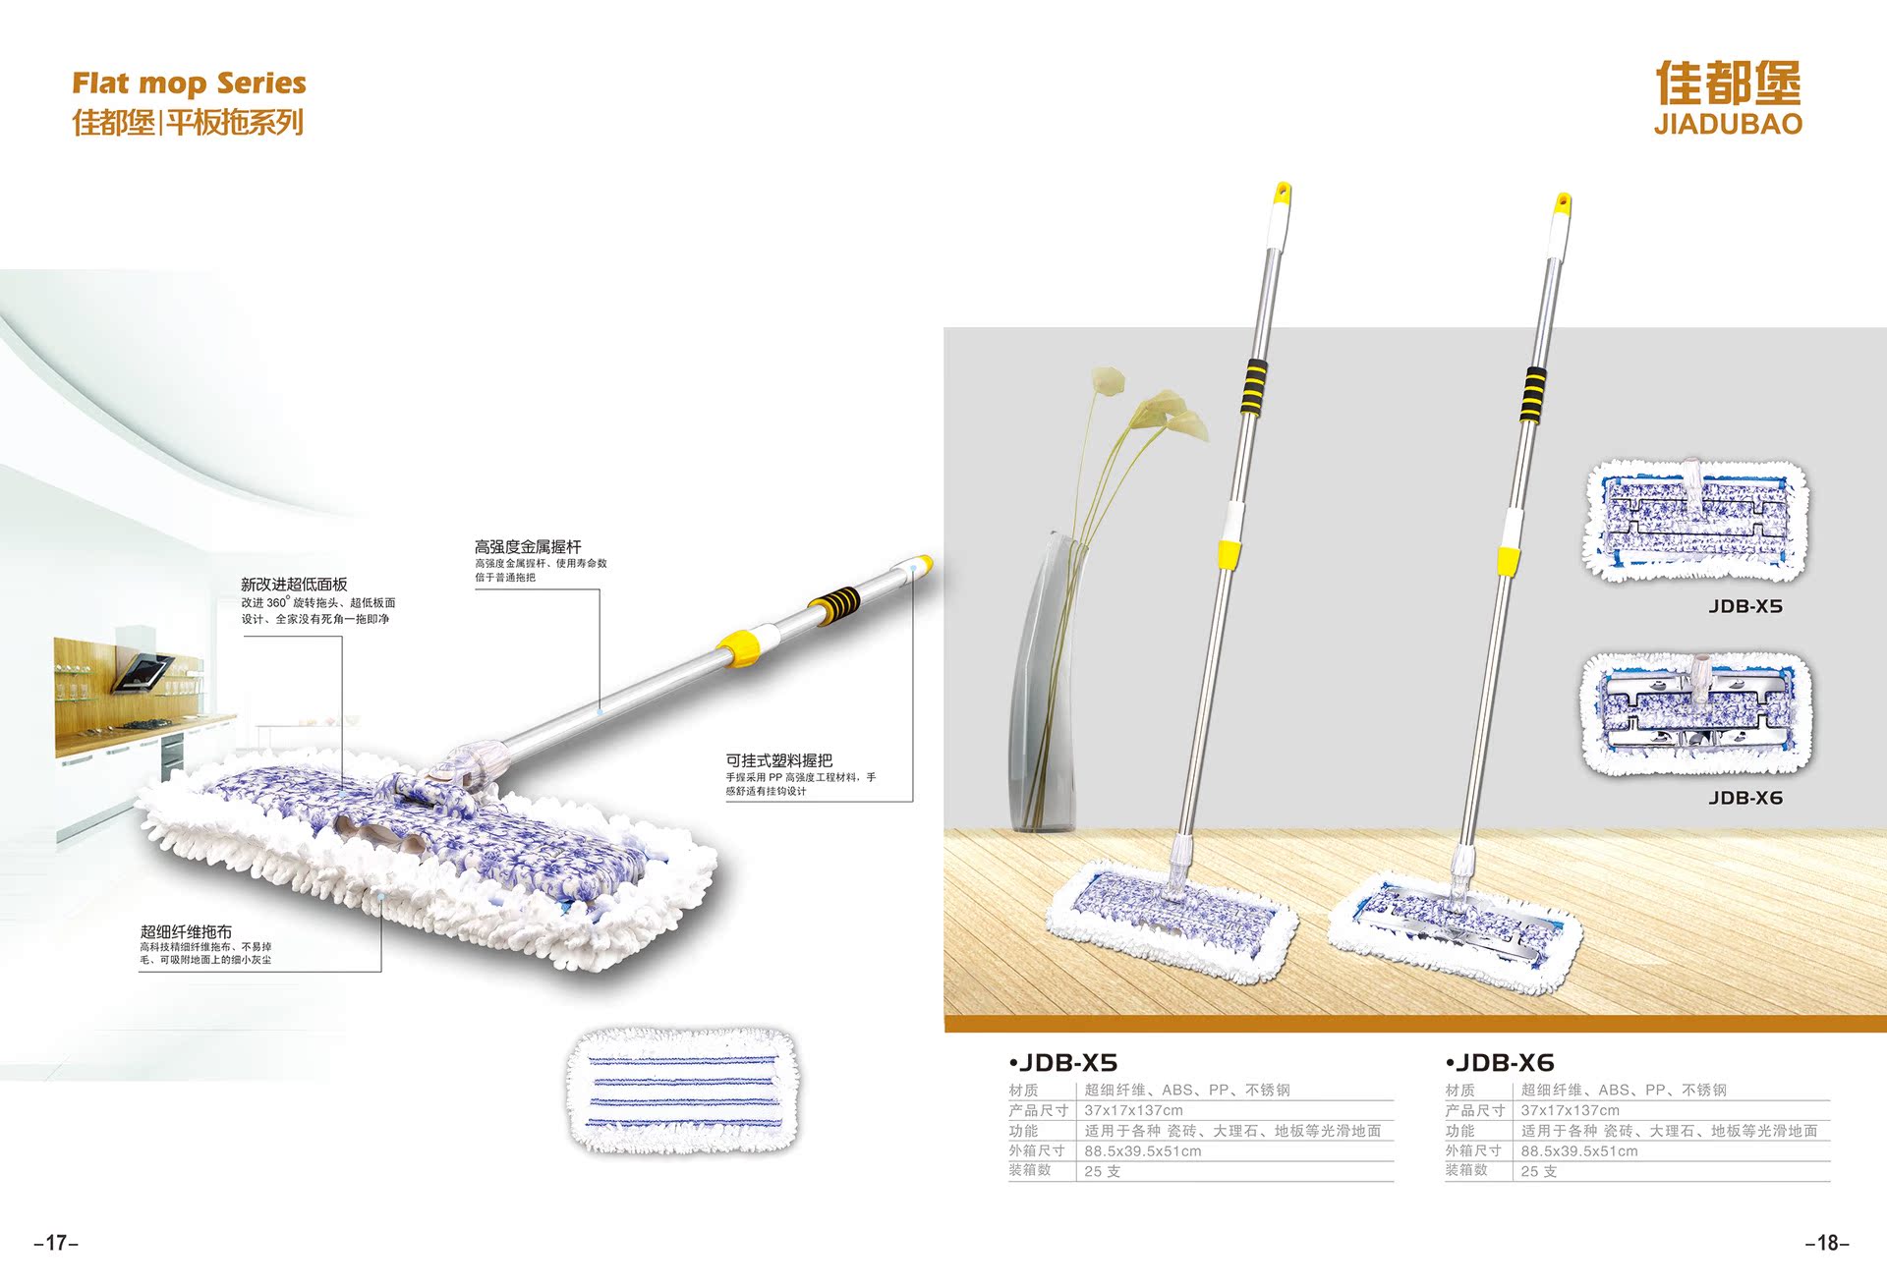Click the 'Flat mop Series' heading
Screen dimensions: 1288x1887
pyautogui.click(x=189, y=84)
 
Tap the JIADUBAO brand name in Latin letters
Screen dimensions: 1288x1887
pyautogui.click(x=1728, y=125)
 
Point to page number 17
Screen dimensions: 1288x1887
pyautogui.click(x=56, y=1243)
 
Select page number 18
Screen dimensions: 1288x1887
pyautogui.click(x=1827, y=1243)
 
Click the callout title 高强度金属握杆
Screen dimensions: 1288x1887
pyautogui.click(x=528, y=546)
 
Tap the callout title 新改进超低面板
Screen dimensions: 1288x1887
pyautogui.click(x=294, y=585)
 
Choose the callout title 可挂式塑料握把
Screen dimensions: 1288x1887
pyautogui.click(x=778, y=760)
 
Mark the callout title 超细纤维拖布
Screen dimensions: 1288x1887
pyautogui.click(x=186, y=931)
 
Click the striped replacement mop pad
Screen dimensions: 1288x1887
pyautogui.click(x=683, y=1091)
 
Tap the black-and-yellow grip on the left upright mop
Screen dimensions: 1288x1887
pyautogui.click(x=1253, y=386)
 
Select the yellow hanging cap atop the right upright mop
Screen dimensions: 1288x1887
pyautogui.click(x=1562, y=204)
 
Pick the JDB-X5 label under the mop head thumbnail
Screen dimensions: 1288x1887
pyautogui.click(x=1744, y=606)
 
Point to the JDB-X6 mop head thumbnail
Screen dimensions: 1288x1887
pyautogui.click(x=1696, y=714)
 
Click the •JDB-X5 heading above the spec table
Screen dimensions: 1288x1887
pyautogui.click(x=1063, y=1063)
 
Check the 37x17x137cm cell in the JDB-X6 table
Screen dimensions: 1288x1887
pyautogui.click(x=1570, y=1110)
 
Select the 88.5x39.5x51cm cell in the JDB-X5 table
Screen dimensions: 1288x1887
pyautogui.click(x=1143, y=1150)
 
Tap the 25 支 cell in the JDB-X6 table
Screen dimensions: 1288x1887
pyautogui.click(x=1538, y=1171)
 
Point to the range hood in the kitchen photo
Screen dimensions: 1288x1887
pyautogui.click(x=143, y=672)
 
